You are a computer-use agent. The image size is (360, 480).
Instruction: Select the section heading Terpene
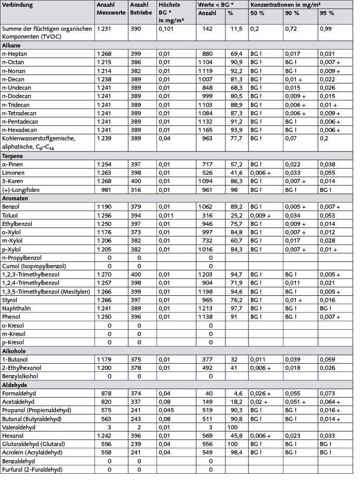point(14,156)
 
